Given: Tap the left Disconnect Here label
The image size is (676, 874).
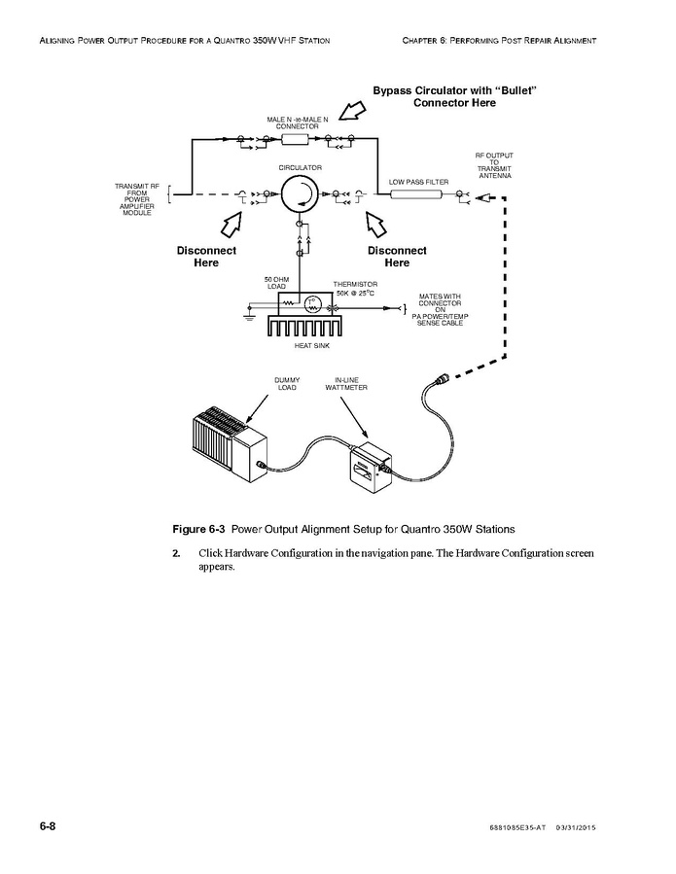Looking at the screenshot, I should click(206, 257).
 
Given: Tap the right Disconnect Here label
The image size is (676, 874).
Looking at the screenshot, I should click(397, 257).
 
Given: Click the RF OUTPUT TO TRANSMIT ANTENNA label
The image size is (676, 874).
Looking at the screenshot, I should click(494, 165).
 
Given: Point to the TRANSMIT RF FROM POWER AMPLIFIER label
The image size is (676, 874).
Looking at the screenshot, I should click(137, 199).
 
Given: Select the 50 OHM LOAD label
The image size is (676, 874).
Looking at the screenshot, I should click(276, 283).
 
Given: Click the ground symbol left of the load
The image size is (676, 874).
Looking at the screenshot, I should click(249, 315).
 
